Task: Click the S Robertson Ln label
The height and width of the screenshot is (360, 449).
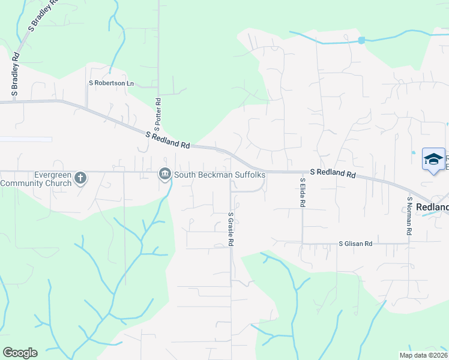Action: [111, 83]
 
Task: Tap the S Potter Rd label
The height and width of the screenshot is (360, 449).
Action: [158, 112]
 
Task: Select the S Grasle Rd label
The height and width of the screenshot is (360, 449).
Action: [231, 229]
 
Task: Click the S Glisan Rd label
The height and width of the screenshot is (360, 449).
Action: [356, 244]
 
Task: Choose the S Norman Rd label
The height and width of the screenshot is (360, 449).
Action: [409, 216]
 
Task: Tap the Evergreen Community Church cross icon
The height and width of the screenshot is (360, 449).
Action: [80, 178]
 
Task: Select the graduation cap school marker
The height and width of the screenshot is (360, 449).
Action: [433, 159]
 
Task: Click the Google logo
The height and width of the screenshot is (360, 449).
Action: [20, 353]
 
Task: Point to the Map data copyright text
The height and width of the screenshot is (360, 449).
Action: [423, 355]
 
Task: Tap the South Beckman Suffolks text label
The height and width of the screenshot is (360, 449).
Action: [220, 175]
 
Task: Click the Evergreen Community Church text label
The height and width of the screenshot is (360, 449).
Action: [36, 179]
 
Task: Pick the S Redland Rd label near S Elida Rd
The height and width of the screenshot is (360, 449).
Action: [333, 173]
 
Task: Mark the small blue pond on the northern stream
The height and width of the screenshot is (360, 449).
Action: [361, 40]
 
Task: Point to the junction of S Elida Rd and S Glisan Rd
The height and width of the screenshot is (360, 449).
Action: [303, 244]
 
